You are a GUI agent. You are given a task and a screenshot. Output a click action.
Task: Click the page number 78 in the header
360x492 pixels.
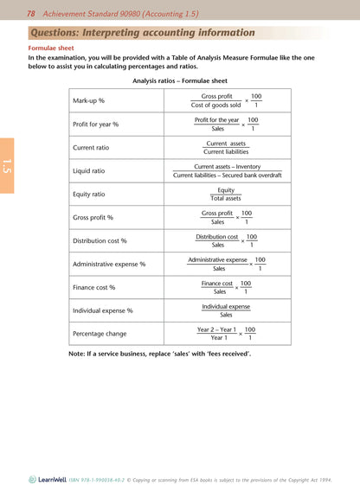pyautogui.click(x=30, y=13)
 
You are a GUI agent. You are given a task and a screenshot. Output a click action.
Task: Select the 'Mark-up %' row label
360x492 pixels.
pyautogui.click(x=89, y=100)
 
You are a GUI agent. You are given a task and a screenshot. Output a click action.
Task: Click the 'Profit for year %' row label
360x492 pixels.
pyautogui.click(x=96, y=125)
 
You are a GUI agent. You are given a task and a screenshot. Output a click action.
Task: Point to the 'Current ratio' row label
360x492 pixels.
pyautogui.click(x=91, y=148)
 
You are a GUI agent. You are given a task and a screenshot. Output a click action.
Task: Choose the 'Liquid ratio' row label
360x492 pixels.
pyautogui.click(x=89, y=171)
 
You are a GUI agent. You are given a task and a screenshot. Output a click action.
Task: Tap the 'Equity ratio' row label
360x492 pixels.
pyautogui.click(x=90, y=195)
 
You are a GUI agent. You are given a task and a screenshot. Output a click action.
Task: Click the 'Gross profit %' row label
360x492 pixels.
pyautogui.click(x=93, y=217)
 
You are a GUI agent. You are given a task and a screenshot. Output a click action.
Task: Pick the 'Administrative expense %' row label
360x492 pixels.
pyautogui.click(x=109, y=264)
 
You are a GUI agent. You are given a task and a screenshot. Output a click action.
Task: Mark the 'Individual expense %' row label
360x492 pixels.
pyautogui.click(x=103, y=310)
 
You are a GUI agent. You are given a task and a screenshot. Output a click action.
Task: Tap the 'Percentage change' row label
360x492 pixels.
pyautogui.click(x=100, y=334)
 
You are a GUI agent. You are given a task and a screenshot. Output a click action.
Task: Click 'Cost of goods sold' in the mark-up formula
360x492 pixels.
pyautogui.click(x=215, y=105)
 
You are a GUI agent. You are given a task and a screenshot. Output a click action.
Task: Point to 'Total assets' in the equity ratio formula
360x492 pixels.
pyautogui.click(x=226, y=198)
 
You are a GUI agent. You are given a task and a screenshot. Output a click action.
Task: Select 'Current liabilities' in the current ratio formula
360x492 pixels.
pyautogui.click(x=226, y=151)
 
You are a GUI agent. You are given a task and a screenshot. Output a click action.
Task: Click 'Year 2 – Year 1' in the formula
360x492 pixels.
pyautogui.click(x=216, y=329)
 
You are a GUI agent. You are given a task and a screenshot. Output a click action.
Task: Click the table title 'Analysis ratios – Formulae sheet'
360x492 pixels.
pyautogui.click(x=179, y=80)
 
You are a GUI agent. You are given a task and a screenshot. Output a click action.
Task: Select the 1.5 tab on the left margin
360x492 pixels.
pyautogui.click(x=7, y=166)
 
